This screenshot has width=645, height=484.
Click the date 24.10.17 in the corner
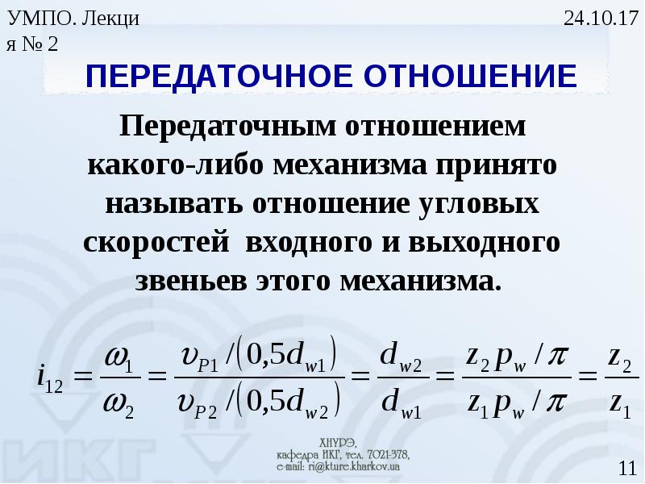tap(600, 19)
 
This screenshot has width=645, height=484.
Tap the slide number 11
tap(627, 469)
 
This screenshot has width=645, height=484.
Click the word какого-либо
tap(175, 165)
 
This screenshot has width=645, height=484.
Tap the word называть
tap(174, 204)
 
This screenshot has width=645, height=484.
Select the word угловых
tap(479, 205)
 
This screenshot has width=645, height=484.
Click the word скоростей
tap(156, 243)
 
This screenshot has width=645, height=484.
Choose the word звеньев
tap(191, 282)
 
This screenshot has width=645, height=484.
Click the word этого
tap(293, 282)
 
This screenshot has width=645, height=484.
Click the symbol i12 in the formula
tap(49, 379)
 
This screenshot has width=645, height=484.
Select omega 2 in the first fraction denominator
tap(119, 403)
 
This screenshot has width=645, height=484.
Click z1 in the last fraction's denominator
tap(620, 403)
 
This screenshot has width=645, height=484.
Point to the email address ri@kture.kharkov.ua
tap(352, 467)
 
